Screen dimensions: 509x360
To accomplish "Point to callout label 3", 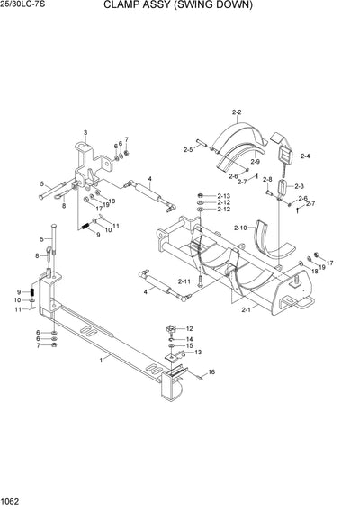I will (85, 132).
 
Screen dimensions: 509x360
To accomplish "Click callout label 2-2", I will (237, 112).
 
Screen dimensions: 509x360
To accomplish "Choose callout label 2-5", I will (188, 149).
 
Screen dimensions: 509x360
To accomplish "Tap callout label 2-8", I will (267, 179).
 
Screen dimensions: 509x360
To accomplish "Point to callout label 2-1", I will (246, 309).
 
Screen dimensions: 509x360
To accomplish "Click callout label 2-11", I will (184, 281).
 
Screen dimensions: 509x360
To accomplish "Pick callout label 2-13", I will (223, 196).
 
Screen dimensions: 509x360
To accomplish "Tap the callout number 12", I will (189, 328).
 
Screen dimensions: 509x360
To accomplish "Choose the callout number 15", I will (189, 345).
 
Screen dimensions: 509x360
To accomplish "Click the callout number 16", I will (211, 371).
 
